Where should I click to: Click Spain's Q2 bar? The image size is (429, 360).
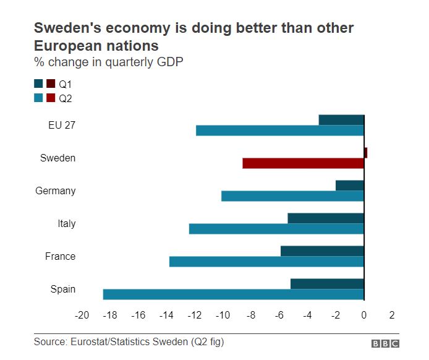click(x=234, y=294)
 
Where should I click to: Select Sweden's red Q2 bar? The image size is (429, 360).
click(x=304, y=163)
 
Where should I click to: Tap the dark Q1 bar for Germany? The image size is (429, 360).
click(x=350, y=185)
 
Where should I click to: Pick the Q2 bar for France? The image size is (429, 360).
click(x=266, y=261)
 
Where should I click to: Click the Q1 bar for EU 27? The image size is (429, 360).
click(x=341, y=119)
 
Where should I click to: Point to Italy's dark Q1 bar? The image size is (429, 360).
click(x=326, y=218)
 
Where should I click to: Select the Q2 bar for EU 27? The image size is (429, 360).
click(x=280, y=131)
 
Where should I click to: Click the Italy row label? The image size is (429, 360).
click(x=66, y=223)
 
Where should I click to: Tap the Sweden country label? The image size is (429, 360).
click(x=57, y=158)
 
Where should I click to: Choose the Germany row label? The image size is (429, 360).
click(x=55, y=191)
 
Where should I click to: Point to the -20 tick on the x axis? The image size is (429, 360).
click(x=82, y=315)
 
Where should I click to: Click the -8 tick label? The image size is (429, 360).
click(x=251, y=315)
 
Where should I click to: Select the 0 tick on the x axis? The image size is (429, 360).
click(x=364, y=315)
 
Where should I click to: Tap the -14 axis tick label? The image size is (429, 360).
click(x=166, y=315)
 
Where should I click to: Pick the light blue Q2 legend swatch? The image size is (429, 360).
click(x=38, y=97)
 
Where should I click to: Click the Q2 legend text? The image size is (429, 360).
click(x=66, y=97)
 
